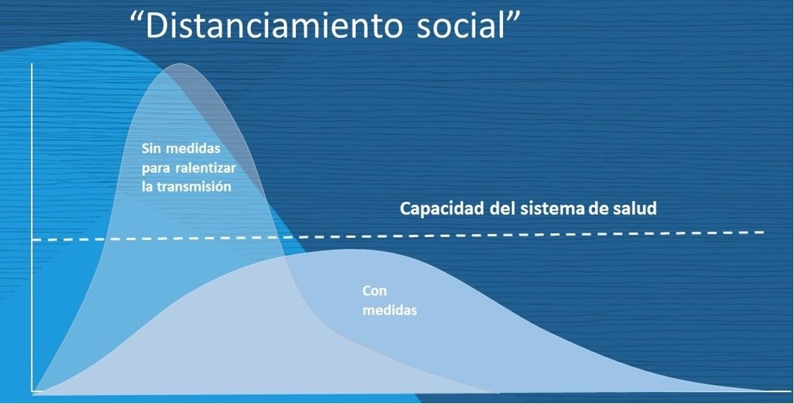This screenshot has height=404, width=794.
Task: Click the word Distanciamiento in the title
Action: (x=274, y=25)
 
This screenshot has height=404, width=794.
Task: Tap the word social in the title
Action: (x=460, y=25)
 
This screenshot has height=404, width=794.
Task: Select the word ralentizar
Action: (x=207, y=168)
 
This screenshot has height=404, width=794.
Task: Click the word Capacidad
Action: (x=442, y=208)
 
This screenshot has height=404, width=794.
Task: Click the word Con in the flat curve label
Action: (x=375, y=291)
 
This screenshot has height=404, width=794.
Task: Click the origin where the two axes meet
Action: (x=32, y=391)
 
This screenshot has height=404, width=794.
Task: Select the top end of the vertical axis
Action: (x=32, y=64)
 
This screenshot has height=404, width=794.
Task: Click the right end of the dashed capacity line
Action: (x=764, y=232)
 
